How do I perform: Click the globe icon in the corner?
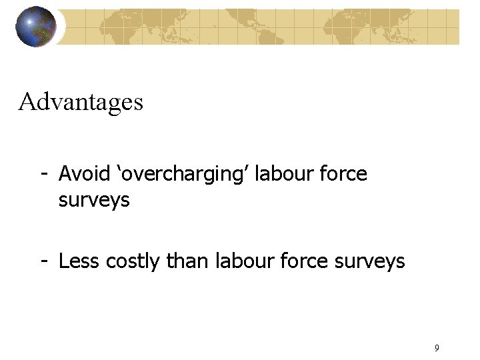pyautogui.click(x=36, y=27)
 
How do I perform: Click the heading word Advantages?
pyautogui.click(x=81, y=102)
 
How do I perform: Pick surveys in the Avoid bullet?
pyautogui.click(x=94, y=200)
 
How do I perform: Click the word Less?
pyautogui.click(x=78, y=261)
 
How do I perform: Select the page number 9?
pyautogui.click(x=436, y=347)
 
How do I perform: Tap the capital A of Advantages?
pyautogui.click(x=27, y=102)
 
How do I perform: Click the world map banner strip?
pyautogui.click(x=267, y=27)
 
